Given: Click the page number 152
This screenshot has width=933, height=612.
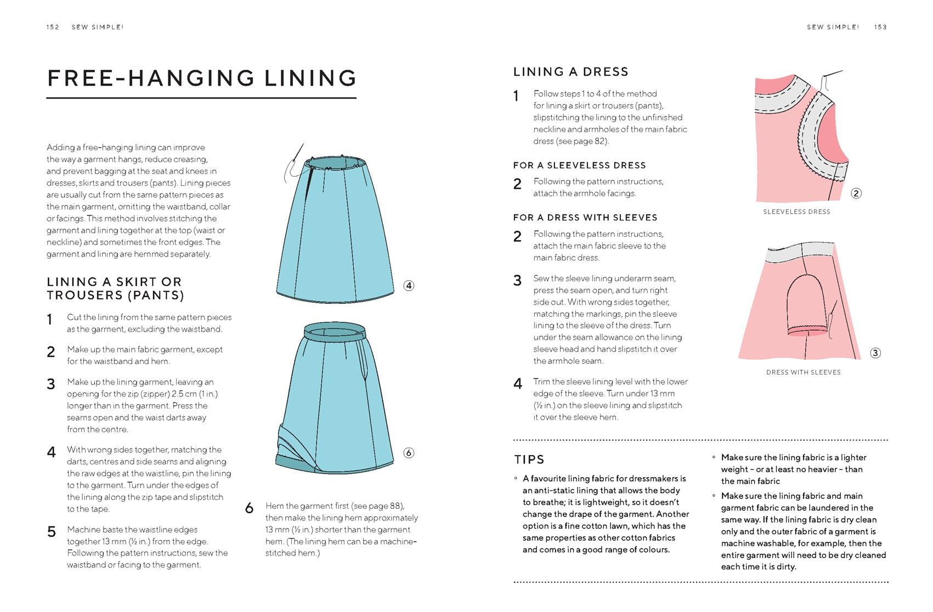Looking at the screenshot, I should pos(53,27).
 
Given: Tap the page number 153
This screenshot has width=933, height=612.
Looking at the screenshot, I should pos(880,27).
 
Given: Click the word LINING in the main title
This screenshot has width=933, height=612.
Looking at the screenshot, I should pos(310,78).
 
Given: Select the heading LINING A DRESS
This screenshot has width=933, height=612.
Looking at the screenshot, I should pos(570,72).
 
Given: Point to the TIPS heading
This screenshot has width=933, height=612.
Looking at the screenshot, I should pos(529,460).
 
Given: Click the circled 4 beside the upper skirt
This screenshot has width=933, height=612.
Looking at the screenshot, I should pos(409,286).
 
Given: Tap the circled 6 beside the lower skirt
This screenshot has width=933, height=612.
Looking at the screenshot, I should pos(409,453).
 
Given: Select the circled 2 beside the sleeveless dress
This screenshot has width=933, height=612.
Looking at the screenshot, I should pos(856,193).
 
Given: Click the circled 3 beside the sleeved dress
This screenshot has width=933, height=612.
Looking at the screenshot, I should pos(875,353).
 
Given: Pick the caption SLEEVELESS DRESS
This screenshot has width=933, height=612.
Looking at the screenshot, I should pos(796,212).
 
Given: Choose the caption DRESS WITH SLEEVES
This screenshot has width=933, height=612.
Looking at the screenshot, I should pos(803,372).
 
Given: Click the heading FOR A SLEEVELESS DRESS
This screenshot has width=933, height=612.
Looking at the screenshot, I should pos(579,166).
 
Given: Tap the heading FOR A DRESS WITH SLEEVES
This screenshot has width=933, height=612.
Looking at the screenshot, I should pos(585,218).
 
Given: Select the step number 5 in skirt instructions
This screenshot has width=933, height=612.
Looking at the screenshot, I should pos(52,532).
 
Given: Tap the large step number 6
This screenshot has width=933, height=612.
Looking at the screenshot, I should pos(250,508).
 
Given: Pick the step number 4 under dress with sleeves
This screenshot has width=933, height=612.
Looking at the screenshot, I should pos(517,384).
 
